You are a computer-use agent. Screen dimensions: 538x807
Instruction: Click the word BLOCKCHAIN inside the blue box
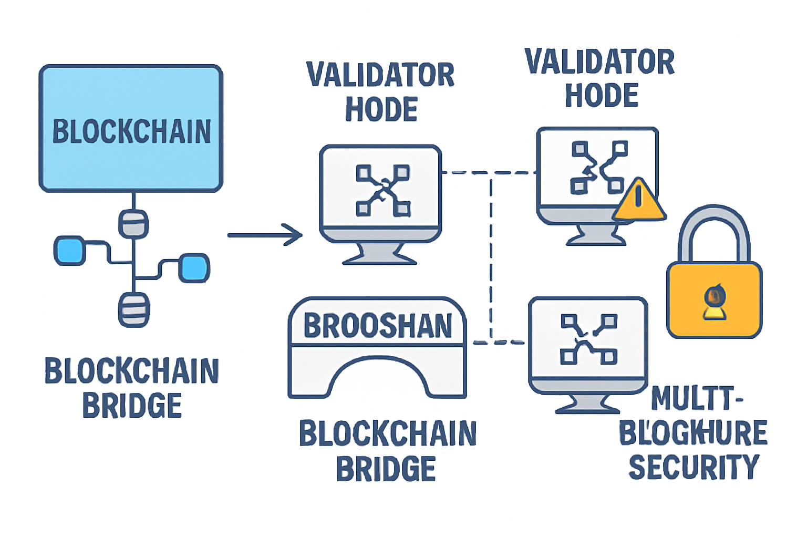point(131,131)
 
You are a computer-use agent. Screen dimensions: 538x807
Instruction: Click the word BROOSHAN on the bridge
point(378,326)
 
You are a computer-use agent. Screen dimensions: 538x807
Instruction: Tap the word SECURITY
point(694,467)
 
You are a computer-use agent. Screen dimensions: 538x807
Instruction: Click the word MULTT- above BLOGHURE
point(697,399)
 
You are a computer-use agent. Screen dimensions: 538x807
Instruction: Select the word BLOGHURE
point(693,433)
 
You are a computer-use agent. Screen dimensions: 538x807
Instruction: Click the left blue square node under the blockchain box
point(70,250)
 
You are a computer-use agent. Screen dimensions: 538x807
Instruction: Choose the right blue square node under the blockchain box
point(194,268)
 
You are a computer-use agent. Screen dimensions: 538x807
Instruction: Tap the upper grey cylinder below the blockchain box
point(133,224)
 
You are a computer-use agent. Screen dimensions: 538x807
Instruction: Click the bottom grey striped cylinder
point(133,310)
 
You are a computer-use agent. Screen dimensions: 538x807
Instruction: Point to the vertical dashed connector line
point(491,257)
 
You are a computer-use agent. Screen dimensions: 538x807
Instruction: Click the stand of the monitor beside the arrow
point(379,254)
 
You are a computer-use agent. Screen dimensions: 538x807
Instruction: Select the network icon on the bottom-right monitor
point(588,339)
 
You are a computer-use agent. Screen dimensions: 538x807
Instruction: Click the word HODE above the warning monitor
point(601,96)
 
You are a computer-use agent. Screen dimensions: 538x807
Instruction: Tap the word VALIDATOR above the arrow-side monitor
point(380,75)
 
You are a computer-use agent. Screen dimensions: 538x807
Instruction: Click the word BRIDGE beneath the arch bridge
point(386,469)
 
